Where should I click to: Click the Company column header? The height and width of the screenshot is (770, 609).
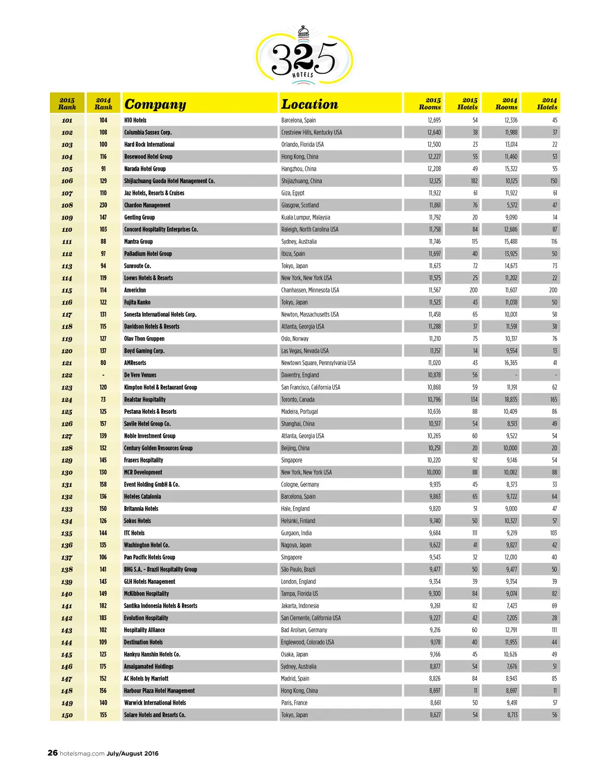coord(155,105)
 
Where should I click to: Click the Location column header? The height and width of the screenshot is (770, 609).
coord(309,105)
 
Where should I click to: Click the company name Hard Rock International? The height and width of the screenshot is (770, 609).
coord(149,144)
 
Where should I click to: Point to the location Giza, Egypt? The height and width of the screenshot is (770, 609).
coord(293,193)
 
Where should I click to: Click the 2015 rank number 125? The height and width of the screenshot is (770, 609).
coord(67,412)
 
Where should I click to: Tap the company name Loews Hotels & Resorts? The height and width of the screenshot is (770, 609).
coord(149,278)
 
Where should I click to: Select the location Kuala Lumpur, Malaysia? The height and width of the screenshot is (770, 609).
coord(306,218)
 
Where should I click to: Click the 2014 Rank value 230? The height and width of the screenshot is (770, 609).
coord(103,205)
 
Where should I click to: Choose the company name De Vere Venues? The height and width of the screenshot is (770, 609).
coord(140,375)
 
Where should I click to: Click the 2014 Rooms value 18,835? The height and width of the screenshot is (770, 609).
coord(511,400)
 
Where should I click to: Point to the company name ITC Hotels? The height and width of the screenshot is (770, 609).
coord(134,533)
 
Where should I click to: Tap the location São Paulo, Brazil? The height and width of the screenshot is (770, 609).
coord(298,570)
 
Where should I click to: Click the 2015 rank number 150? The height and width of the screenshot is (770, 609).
coord(67,715)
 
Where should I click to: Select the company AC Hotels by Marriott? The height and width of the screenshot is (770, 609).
coord(146,678)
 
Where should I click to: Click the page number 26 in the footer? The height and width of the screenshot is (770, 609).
coord(53,753)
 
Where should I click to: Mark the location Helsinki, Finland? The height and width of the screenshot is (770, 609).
coord(298,521)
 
